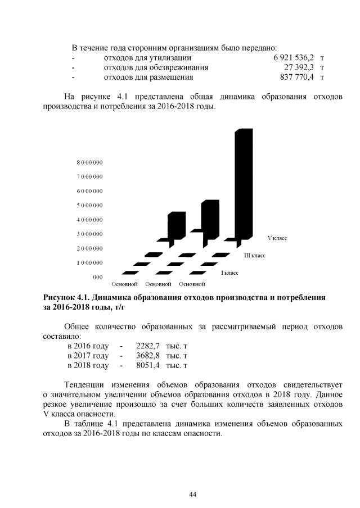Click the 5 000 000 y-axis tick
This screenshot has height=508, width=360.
[x=90, y=205]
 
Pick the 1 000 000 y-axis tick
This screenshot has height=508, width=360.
[x=90, y=262]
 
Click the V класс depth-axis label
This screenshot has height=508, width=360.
[x=277, y=238]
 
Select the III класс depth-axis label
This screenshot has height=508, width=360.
[x=254, y=256]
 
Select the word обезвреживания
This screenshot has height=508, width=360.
[x=177, y=67]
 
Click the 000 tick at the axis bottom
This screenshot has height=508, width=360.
[x=97, y=276]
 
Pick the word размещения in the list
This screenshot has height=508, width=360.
[x=169, y=77]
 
